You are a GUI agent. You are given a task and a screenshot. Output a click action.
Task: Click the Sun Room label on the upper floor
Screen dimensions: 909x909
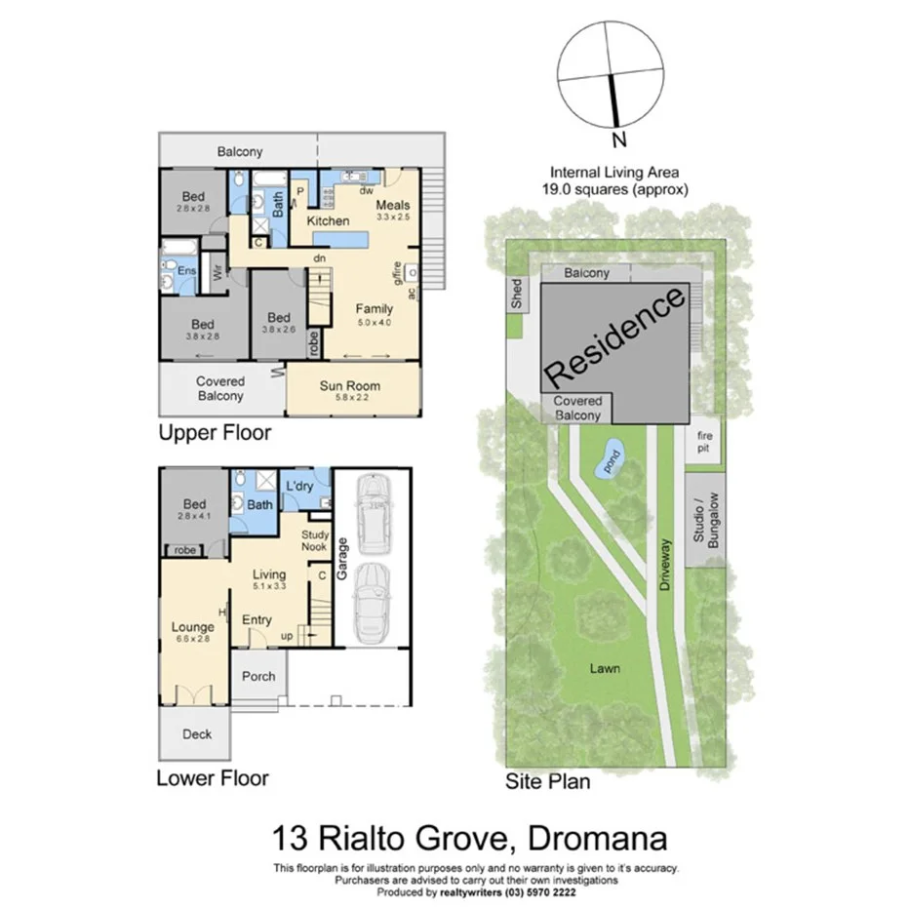[349, 385]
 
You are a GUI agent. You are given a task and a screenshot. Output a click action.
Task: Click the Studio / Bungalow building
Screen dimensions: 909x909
[704, 519]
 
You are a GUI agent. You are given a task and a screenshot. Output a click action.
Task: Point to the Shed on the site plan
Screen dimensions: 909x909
[516, 294]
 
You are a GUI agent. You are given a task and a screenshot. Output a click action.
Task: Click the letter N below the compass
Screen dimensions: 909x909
[617, 138]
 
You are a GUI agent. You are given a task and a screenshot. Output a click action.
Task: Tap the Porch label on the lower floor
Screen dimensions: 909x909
[258, 676]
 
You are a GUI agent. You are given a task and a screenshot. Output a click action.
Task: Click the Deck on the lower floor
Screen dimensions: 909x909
[196, 734]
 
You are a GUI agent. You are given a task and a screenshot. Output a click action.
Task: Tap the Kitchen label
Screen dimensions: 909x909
[328, 221]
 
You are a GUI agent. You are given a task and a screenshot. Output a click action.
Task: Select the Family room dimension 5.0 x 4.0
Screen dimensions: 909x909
[374, 322]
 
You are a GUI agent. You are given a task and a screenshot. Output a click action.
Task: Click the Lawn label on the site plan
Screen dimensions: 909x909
[605, 668]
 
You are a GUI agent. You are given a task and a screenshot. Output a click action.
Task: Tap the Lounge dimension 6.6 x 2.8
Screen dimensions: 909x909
[194, 639]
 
